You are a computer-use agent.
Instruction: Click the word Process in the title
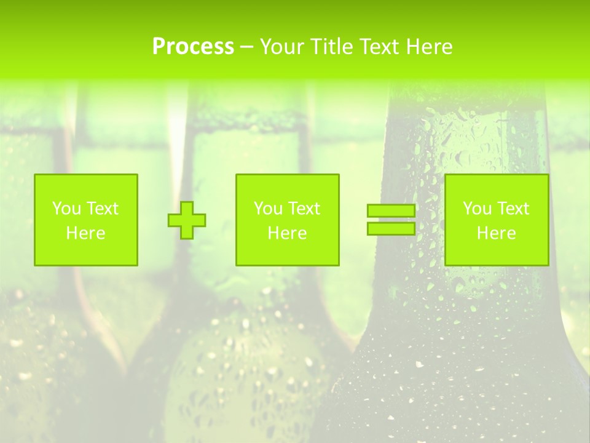(x=193, y=47)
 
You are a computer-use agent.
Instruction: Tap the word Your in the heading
(x=281, y=47)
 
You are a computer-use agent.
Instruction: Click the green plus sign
(x=187, y=220)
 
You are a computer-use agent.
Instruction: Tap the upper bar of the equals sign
(x=391, y=211)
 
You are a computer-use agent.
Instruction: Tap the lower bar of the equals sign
(x=391, y=229)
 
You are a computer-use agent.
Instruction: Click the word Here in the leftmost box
(x=86, y=233)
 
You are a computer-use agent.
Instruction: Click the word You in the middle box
(x=268, y=209)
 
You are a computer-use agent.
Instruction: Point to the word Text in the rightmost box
(x=513, y=209)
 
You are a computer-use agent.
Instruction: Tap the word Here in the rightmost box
(x=497, y=233)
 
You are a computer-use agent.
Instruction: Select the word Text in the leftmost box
(x=102, y=209)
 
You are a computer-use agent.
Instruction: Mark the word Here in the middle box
(x=288, y=233)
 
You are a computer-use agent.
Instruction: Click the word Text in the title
(x=376, y=47)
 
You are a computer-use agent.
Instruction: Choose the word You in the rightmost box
(x=477, y=209)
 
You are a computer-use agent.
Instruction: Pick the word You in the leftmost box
(x=66, y=209)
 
